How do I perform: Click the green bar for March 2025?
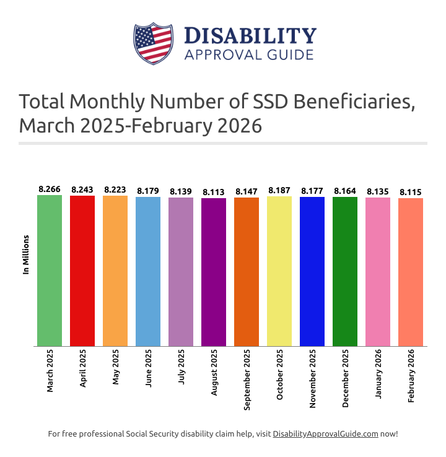[x=50, y=271]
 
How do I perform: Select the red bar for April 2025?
[x=82, y=271]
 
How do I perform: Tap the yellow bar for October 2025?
[x=279, y=271]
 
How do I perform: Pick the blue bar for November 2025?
[x=312, y=271]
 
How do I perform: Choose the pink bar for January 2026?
[x=378, y=272]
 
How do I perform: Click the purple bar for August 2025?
[x=214, y=272]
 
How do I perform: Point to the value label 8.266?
[x=50, y=189]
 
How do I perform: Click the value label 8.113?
[x=214, y=192]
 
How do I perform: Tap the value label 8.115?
[x=411, y=192]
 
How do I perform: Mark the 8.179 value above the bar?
[x=148, y=191]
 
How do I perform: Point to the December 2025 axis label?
[x=346, y=379]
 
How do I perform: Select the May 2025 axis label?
[x=116, y=370]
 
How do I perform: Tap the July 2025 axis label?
[x=181, y=370]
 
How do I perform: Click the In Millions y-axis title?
[x=26, y=255]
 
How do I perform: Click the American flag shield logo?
[x=153, y=43]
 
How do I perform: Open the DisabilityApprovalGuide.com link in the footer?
[x=325, y=434]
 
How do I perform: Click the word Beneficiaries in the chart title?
[x=339, y=101]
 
